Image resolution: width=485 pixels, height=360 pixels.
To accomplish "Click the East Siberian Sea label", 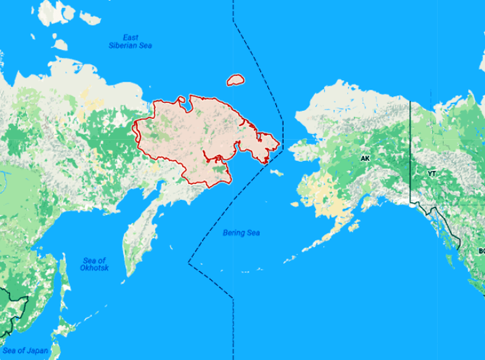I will [x=130, y=41].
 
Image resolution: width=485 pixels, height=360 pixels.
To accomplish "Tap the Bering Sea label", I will [x=241, y=233].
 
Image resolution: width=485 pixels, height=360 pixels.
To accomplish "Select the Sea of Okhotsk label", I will [x=94, y=265].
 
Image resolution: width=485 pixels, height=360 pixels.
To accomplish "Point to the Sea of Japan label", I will [x=25, y=350].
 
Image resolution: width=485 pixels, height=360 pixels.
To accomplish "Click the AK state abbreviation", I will [x=365, y=159].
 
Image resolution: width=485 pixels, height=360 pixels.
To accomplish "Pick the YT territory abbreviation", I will [x=432, y=174].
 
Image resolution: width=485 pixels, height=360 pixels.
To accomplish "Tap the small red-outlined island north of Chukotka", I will [x=235, y=80].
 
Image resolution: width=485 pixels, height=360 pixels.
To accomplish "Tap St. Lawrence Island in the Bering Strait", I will [x=276, y=172].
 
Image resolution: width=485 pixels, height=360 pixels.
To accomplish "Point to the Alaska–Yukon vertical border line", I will [x=411, y=148].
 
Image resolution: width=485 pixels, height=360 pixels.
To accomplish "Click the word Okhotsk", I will [x=94, y=269].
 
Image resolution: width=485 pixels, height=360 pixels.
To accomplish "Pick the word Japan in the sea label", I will [x=36, y=350].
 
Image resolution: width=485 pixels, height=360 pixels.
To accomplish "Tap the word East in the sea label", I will [x=130, y=37].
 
